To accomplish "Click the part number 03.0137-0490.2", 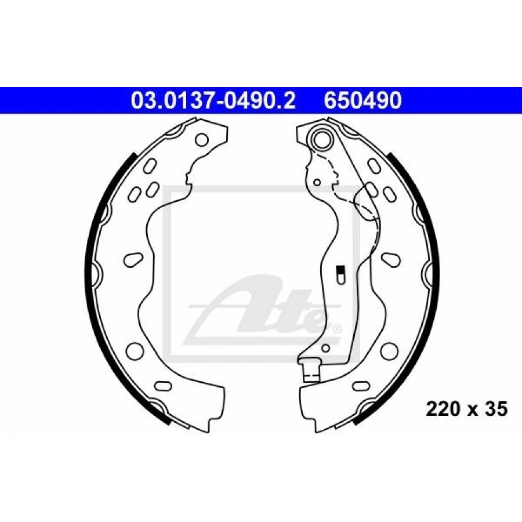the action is (213, 100).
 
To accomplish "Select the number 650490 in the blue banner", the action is (363, 100).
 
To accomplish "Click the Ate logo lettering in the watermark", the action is (263, 310).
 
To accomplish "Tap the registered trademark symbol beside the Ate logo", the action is (336, 329).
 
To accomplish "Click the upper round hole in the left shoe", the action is (202, 140).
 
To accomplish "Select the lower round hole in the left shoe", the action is (135, 350).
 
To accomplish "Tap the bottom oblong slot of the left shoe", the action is (164, 386).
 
